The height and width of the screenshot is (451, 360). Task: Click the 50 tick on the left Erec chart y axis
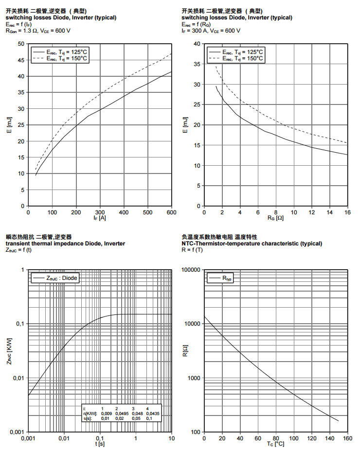coord(21,44)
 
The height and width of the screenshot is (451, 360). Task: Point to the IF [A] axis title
coord(99,219)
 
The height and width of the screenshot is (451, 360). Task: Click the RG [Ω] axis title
coord(275,219)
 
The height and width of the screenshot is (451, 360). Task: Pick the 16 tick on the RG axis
coord(347,212)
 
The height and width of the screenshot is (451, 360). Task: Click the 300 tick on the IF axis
coord(100,212)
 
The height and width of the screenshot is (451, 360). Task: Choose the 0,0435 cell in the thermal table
coord(152,413)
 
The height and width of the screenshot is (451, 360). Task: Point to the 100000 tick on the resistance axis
coord(191,270)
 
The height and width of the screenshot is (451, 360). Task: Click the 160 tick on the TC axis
coord(347,439)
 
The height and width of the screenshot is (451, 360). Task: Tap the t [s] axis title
coord(100,445)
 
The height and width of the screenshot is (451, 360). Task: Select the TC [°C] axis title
coord(275,445)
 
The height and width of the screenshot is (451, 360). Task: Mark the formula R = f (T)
coord(193,250)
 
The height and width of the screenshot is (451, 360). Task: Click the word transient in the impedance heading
coord(18,243)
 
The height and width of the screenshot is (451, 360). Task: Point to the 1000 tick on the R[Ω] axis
coord(194,378)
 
